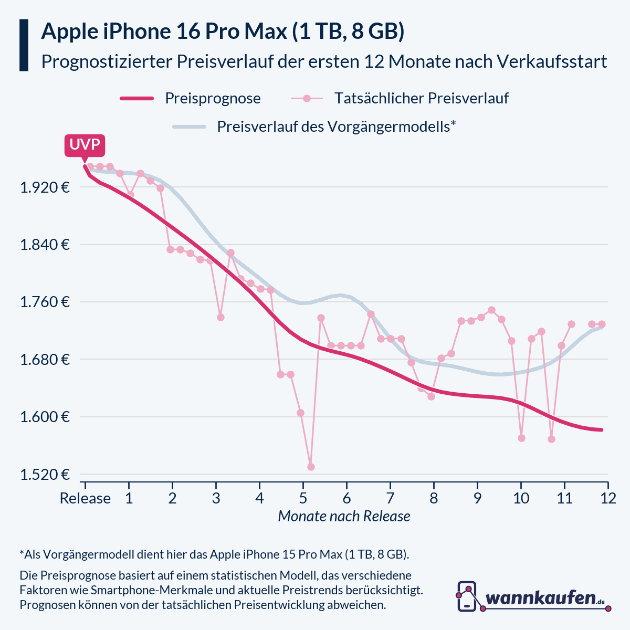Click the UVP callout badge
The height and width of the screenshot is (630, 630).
(x=85, y=145)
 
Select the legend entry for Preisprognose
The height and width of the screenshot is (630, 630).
(x=191, y=98)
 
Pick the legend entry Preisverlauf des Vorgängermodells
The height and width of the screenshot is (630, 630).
(x=314, y=127)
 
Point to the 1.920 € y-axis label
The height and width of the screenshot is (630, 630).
(x=45, y=187)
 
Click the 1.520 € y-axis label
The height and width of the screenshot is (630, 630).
(x=45, y=475)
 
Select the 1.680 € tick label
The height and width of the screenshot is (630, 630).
(x=45, y=360)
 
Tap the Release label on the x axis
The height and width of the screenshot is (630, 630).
(x=85, y=498)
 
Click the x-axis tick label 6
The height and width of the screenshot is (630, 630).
(x=346, y=498)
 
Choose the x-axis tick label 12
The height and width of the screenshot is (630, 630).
(x=608, y=498)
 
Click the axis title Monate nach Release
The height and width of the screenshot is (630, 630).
(x=344, y=516)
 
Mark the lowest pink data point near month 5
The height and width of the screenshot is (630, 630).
(x=311, y=467)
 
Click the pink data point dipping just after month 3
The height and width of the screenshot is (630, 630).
(x=220, y=317)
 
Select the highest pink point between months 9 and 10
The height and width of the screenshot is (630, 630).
(x=491, y=310)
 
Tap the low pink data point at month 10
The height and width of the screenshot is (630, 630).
(x=521, y=438)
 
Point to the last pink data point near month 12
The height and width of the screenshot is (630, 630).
(x=602, y=324)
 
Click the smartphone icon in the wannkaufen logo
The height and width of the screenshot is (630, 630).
(x=467, y=596)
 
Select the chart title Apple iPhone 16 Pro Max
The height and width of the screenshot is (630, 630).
(x=223, y=31)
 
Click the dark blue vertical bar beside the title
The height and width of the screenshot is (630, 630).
(x=24, y=45)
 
